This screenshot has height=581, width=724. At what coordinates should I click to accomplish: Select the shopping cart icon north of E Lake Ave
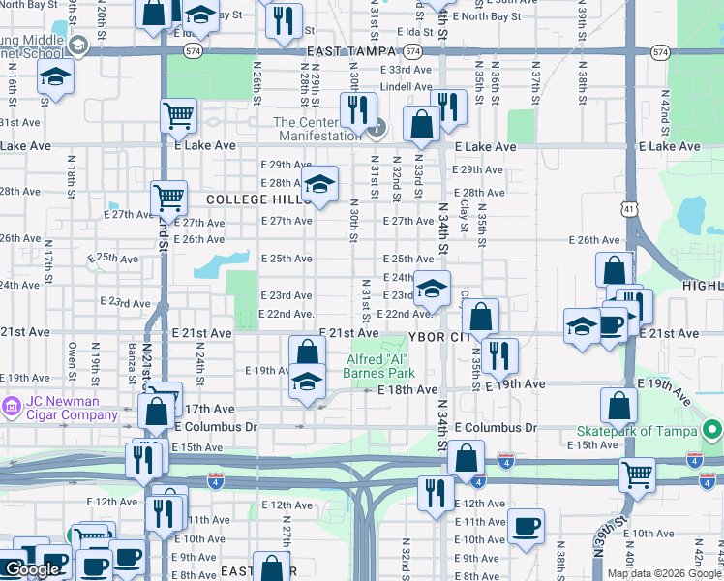(x=179, y=116)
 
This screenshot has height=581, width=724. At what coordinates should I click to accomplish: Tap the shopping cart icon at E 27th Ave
(x=168, y=199)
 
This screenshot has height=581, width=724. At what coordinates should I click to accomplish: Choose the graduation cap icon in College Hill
(x=319, y=185)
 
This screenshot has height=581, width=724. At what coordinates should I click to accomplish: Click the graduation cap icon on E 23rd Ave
(x=433, y=288)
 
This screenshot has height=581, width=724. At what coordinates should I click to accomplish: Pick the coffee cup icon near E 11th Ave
(x=526, y=526)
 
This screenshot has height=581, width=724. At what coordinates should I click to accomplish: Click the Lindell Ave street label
(x=406, y=86)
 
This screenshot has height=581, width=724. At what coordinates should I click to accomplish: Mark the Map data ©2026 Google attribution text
(x=664, y=573)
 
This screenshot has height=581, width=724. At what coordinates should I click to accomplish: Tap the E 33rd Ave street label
(x=407, y=70)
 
